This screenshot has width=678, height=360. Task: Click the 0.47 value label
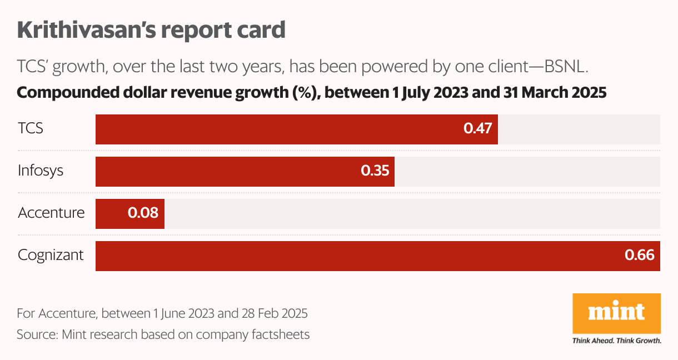point(478,129)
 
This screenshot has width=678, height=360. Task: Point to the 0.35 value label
point(375,171)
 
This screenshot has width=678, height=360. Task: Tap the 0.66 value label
point(640,256)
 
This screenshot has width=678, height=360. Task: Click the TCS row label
point(31,129)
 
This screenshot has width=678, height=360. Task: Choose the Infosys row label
point(41,171)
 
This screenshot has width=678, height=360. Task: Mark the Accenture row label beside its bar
point(51,213)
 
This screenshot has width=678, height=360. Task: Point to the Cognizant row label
point(51,256)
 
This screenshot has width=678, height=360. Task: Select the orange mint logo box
point(616,314)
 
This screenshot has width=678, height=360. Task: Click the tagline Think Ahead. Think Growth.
point(616,341)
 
